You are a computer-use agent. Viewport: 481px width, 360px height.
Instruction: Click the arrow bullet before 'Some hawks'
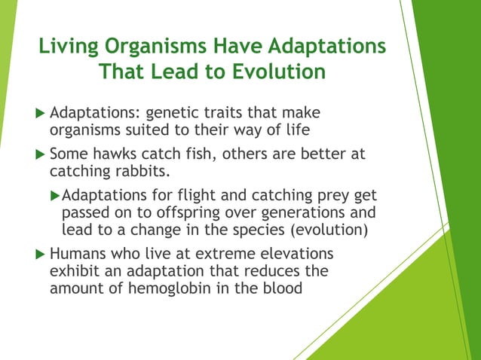point(40,154)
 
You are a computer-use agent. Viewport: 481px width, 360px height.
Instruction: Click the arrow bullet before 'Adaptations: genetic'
point(40,113)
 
